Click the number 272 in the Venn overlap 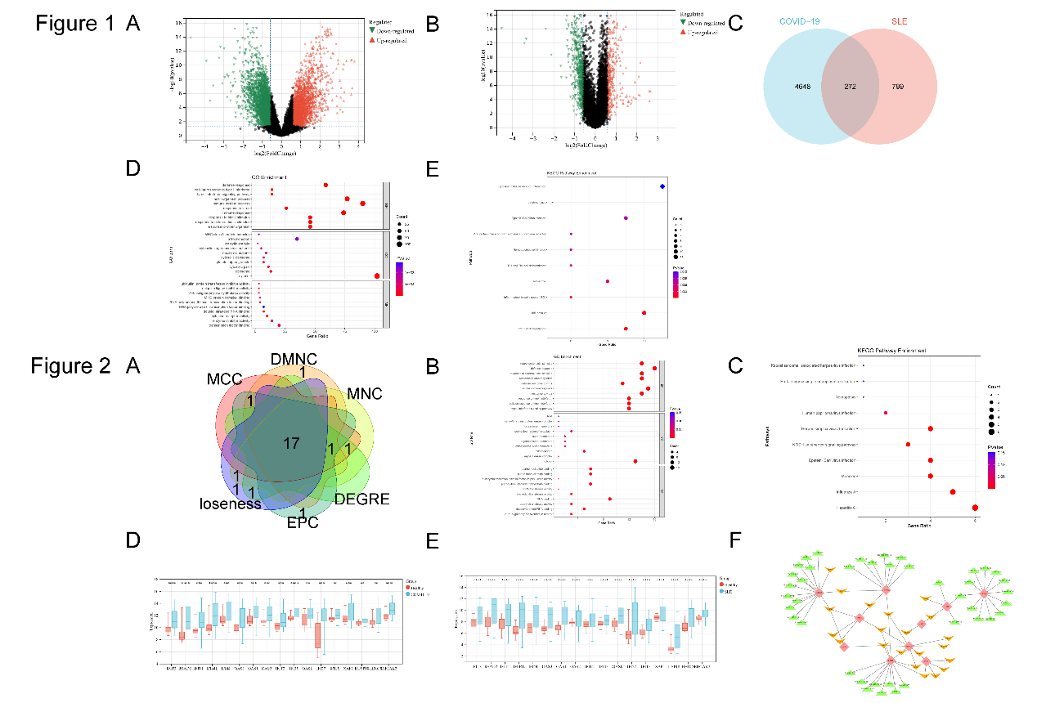coord(850,86)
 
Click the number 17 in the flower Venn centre coord(291,444)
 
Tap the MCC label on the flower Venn coord(224,380)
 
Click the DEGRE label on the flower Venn coord(361,499)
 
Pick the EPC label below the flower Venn coord(302,523)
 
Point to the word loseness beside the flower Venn coord(230,504)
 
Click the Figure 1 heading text coord(75,24)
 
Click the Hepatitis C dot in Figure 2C coord(975,508)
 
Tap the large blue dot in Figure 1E coord(662,187)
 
